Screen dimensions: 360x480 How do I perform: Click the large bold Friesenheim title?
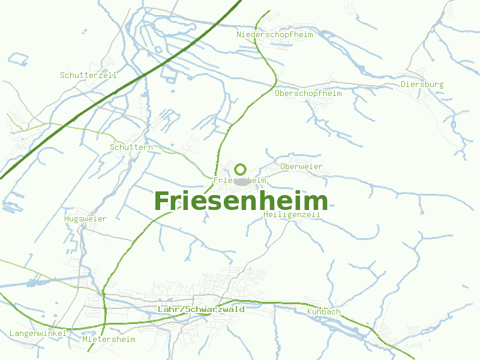[241, 201]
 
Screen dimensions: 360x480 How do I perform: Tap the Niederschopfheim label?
[275, 35]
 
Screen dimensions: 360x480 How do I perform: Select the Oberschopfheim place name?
[308, 94]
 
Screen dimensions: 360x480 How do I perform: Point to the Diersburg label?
[422, 85]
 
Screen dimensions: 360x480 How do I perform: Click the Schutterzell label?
[88, 76]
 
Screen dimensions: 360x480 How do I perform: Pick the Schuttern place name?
[131, 147]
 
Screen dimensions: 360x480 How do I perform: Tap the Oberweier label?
[301, 166]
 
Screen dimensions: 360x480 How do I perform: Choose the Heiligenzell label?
[292, 215]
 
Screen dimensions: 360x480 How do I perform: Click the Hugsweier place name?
[85, 219]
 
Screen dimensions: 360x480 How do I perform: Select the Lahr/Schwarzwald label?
[201, 310]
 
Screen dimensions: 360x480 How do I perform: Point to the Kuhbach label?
[323, 312]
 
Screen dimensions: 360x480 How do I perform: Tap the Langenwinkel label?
[37, 333]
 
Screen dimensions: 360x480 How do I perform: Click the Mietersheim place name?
[109, 340]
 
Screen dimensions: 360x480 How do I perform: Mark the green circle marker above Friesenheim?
[241, 169]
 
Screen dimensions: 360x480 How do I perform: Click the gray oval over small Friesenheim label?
[241, 181]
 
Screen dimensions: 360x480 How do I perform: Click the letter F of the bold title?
[162, 201]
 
